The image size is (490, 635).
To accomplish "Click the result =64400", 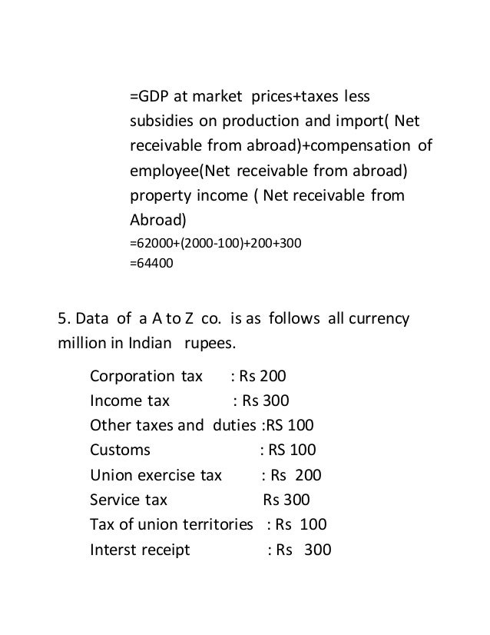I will point(151,263).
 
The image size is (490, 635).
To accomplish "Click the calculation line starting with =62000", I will point(216,244).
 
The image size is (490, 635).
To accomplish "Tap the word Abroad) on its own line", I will point(157,219).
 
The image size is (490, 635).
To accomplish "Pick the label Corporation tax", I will point(146,377).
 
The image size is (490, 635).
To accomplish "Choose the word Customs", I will point(120,450).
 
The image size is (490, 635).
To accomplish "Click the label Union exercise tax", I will point(156,475).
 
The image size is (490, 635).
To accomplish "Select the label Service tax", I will point(128,500).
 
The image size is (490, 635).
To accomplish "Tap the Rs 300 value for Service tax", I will point(286,500).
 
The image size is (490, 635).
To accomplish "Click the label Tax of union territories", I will point(171,524).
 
